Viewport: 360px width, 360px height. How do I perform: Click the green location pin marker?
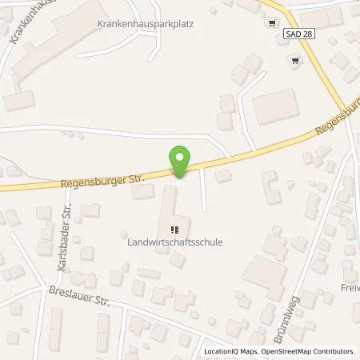[x=182, y=159]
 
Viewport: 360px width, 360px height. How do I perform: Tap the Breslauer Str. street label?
[x=78, y=298]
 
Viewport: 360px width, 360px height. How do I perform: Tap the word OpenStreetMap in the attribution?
[x=285, y=351]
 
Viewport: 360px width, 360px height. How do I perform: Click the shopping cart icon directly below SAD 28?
[x=297, y=60]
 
